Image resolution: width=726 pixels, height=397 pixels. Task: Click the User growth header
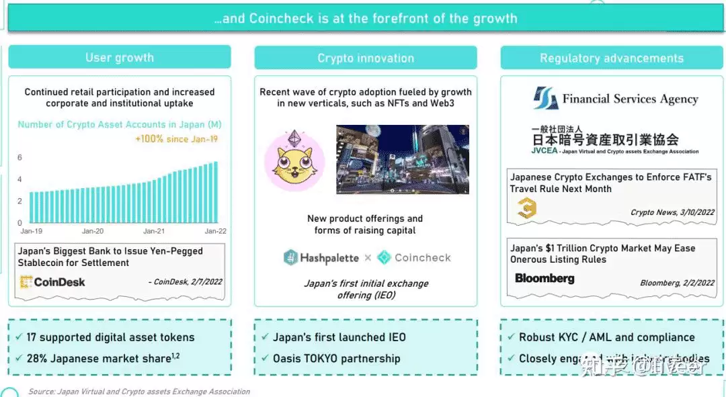(x=120, y=57)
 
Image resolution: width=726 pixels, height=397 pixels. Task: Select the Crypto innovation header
(x=366, y=58)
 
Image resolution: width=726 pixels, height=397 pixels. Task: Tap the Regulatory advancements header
(x=612, y=58)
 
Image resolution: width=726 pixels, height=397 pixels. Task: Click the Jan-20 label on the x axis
(x=93, y=231)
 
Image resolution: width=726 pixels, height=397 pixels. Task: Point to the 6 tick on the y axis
(x=20, y=158)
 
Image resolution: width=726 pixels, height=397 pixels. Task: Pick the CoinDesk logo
(x=52, y=282)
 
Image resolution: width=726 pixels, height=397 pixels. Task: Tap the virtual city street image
(x=403, y=159)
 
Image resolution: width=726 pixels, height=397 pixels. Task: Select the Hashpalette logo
(x=321, y=257)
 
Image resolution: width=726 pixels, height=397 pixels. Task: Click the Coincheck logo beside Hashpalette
(x=414, y=257)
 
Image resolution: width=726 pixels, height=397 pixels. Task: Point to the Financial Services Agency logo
(x=616, y=99)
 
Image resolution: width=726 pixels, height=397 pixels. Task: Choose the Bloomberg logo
(x=544, y=278)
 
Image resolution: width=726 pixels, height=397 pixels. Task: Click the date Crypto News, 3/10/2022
(x=672, y=212)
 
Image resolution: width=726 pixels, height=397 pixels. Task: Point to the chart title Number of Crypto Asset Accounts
(x=120, y=124)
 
